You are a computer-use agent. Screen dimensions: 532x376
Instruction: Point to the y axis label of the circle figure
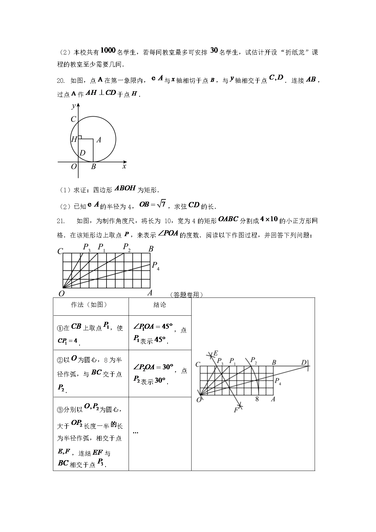point(74,106)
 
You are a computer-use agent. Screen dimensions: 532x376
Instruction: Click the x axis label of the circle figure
point(124,166)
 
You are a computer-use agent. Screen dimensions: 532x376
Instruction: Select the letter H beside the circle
point(74,140)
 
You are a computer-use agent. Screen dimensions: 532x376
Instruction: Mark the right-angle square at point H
point(80,137)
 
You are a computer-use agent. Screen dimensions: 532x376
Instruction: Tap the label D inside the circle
point(82,152)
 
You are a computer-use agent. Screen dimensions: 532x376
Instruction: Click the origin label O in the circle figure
point(74,167)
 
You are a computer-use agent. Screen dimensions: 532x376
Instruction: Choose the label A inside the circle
point(99,140)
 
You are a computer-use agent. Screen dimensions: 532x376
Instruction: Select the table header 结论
point(160,305)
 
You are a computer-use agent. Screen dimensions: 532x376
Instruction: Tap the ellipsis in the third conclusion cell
point(136,432)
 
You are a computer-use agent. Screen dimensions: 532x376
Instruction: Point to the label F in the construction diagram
point(236,410)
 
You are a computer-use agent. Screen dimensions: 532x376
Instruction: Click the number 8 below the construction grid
point(257,399)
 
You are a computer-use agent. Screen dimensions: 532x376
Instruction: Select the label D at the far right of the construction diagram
point(304,362)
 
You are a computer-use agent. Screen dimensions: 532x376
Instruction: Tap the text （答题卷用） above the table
point(186,295)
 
